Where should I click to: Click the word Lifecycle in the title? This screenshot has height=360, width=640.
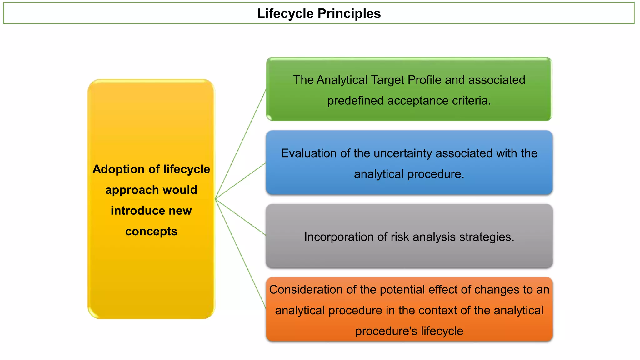point(285,14)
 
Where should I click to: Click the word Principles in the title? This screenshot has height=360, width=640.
point(349,14)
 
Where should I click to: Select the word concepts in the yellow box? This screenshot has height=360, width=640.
point(151,232)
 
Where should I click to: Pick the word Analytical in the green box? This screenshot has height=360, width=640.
point(342,80)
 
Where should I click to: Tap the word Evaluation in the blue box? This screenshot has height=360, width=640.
point(309,153)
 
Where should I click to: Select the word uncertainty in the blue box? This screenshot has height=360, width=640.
point(403,153)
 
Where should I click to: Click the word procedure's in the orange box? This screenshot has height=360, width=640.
point(386,331)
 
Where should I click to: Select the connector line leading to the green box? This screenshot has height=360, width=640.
point(241,144)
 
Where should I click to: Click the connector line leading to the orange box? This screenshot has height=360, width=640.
point(241,253)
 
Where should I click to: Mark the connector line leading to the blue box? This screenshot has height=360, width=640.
point(241,181)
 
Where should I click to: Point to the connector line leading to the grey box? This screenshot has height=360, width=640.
point(241,217)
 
